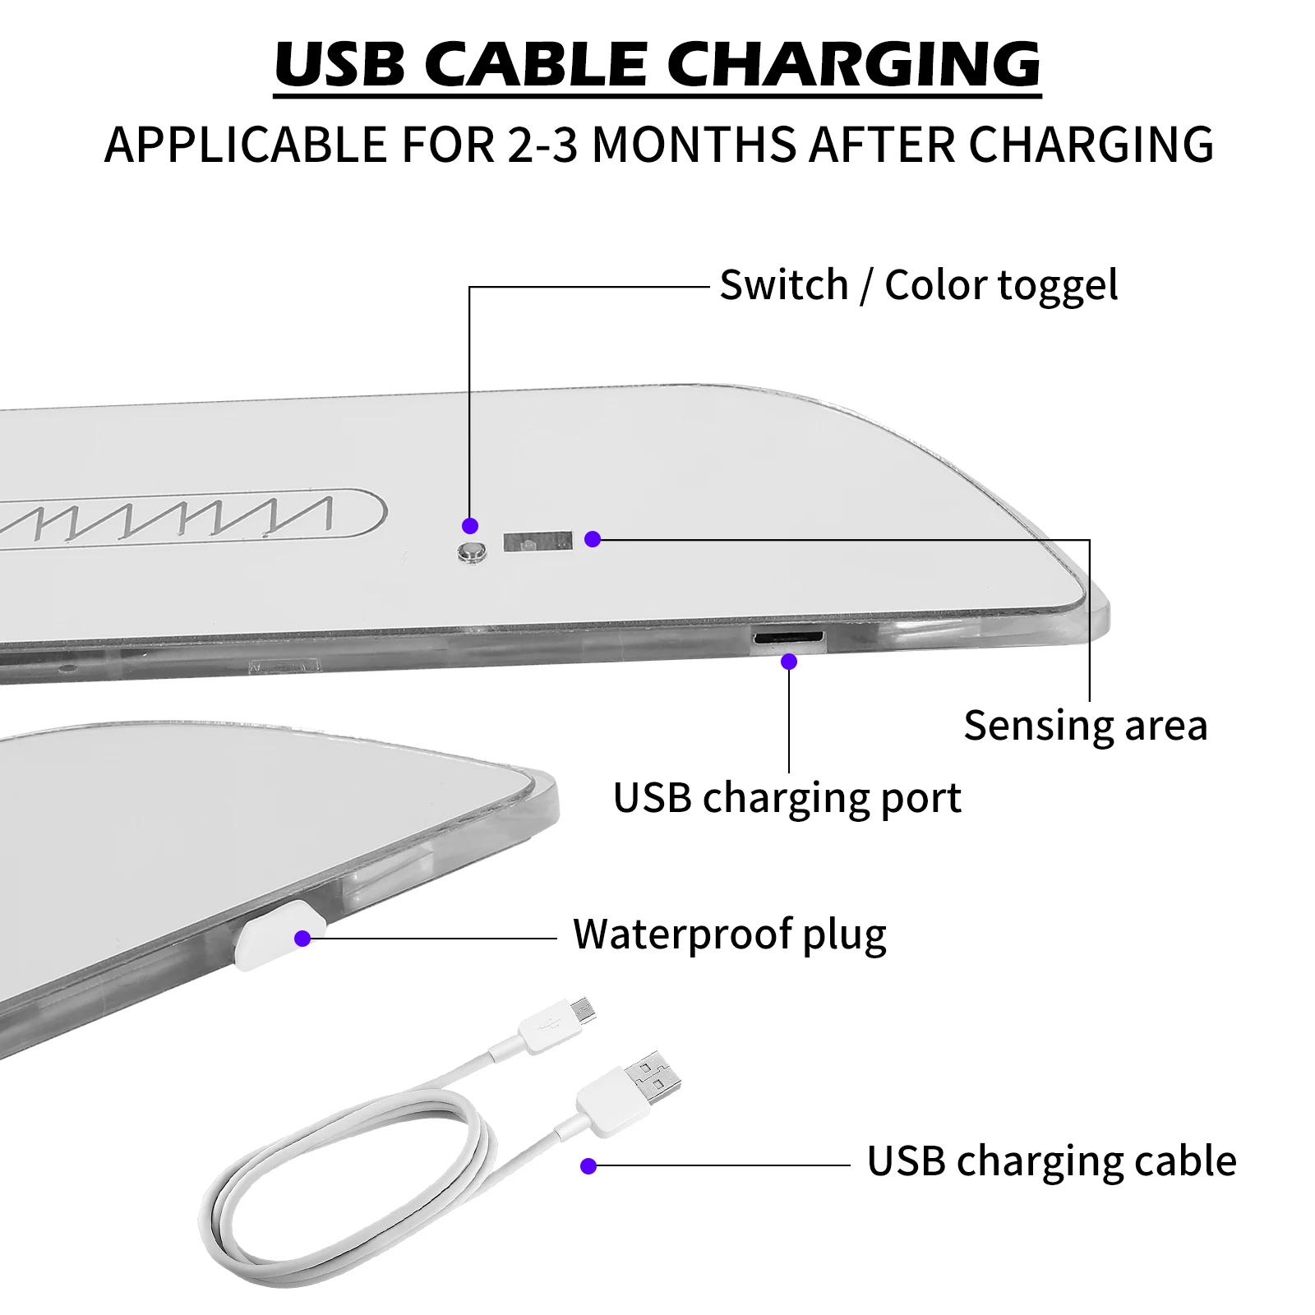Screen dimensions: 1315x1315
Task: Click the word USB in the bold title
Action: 339,64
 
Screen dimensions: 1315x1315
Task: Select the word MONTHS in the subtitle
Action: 696,145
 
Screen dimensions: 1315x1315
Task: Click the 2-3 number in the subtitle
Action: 542,145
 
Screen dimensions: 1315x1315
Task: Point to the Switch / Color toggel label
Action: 918,286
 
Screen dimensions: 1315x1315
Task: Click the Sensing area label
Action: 1085,726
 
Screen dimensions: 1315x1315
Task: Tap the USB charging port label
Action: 787,798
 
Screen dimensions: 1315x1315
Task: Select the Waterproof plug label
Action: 729,934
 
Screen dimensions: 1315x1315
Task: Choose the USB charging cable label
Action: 1051,1161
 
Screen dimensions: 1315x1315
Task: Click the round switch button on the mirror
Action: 471,551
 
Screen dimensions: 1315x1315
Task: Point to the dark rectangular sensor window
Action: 538,542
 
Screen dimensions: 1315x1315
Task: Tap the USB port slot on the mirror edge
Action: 787,637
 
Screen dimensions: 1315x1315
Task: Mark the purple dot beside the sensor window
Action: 593,539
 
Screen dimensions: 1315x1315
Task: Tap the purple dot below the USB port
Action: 789,661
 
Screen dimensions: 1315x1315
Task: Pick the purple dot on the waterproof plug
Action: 302,938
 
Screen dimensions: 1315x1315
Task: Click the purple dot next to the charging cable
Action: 588,1165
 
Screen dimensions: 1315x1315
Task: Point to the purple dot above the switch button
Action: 470,525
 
